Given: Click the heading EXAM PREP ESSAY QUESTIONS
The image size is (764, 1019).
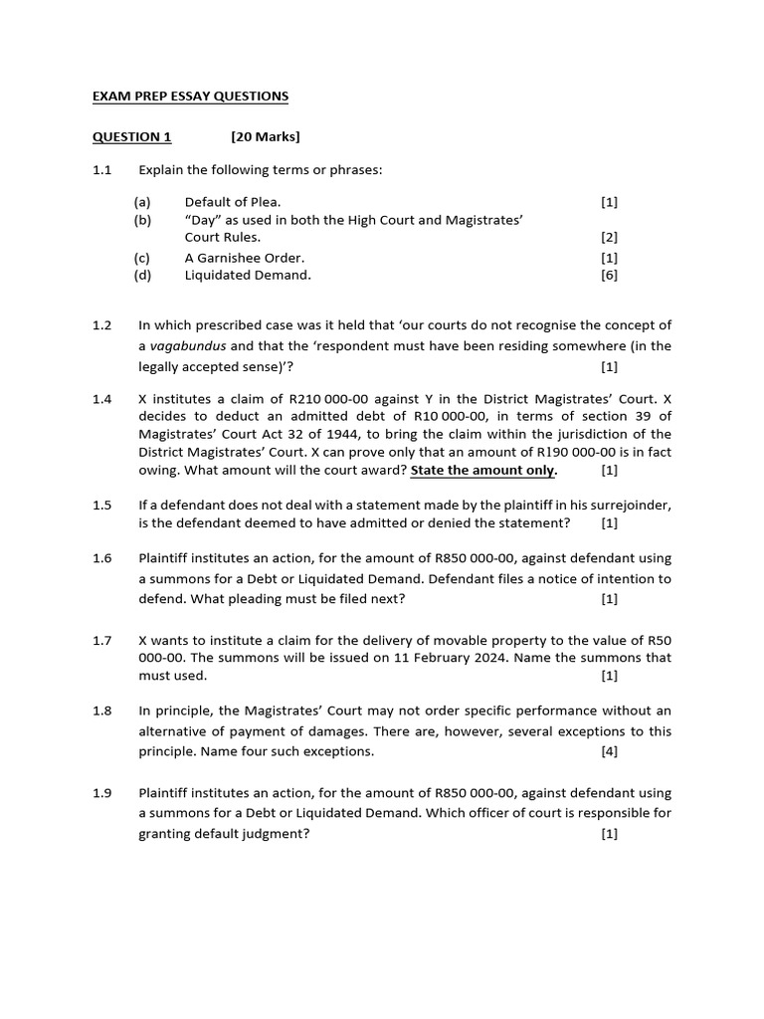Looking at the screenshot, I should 190,97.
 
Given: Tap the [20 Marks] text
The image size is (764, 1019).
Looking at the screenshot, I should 265,136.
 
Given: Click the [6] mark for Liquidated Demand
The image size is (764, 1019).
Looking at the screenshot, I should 609,276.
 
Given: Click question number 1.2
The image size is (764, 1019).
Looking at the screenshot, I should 102,325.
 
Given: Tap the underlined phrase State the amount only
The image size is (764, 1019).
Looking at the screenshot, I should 483,471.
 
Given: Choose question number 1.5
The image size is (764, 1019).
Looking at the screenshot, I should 102,506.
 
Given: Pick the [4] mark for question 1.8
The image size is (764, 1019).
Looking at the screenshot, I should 609,751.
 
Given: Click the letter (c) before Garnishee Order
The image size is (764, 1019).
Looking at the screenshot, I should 142,258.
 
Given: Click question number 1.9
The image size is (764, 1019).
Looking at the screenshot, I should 102,793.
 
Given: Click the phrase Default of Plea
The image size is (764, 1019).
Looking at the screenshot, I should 233,202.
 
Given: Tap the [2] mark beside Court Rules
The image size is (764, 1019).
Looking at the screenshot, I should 609,238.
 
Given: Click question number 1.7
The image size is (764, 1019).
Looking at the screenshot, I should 102,640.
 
